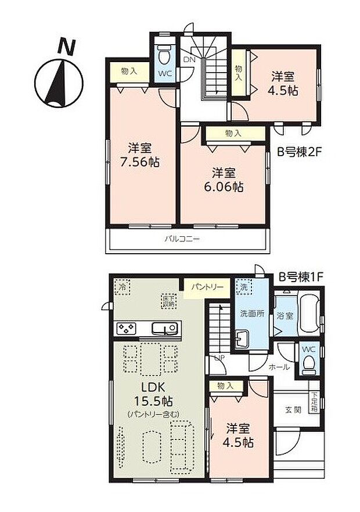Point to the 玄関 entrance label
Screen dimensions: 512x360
click(x=293, y=410)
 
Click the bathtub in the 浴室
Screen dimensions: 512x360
click(x=307, y=316)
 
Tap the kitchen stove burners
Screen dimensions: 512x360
click(x=125, y=329)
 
